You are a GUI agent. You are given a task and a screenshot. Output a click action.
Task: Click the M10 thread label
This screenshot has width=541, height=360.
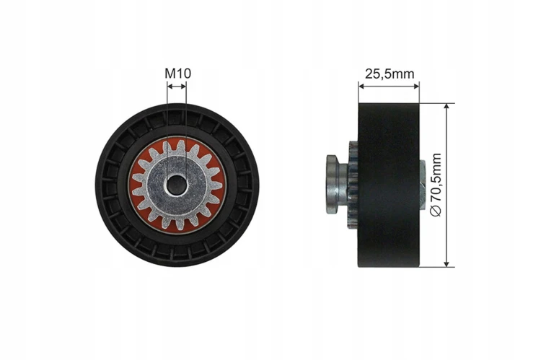tap(177, 73)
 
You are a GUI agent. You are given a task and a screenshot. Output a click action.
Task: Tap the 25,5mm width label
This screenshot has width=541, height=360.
tap(390, 74)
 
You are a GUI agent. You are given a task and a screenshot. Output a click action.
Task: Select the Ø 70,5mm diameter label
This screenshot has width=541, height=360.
tap(436, 185)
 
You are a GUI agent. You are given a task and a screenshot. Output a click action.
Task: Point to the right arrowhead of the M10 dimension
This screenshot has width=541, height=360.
tap(183, 87)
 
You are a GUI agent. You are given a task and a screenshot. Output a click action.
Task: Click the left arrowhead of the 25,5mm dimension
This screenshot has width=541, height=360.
tap(361, 86)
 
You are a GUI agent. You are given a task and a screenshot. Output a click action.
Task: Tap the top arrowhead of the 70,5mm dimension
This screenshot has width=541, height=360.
tap(447, 106)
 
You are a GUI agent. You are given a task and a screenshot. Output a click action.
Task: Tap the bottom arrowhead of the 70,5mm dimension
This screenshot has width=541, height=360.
tap(447, 263)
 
